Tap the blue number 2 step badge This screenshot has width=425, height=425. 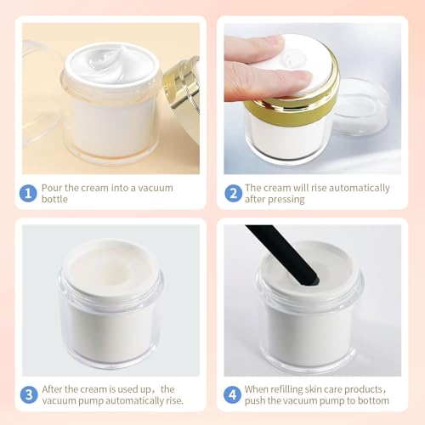point(234,192)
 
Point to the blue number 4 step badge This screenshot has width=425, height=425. point(234,394)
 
